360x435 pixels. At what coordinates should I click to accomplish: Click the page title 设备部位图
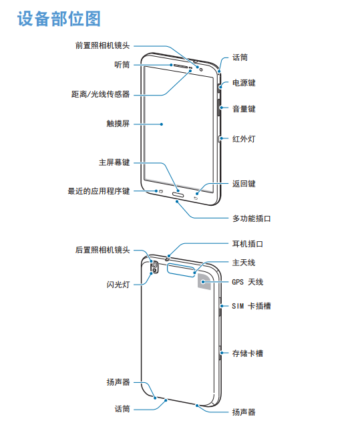59,19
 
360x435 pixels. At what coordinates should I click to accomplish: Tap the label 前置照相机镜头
103,45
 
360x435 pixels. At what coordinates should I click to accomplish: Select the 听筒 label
122,65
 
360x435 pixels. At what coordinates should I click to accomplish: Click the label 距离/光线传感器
100,94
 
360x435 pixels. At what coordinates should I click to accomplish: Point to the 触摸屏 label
118,124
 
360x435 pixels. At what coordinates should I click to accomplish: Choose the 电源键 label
244,83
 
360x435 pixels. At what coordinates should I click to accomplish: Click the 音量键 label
244,109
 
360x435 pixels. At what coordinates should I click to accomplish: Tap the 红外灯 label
244,139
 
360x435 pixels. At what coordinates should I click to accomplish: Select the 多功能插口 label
252,219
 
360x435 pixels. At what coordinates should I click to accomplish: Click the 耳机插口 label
248,244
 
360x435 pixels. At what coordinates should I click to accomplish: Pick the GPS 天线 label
248,282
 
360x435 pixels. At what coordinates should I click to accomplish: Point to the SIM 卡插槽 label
252,306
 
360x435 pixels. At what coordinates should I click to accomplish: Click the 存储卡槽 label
248,353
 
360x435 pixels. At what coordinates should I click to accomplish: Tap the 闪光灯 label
118,285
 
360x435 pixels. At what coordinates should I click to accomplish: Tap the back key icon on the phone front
196,198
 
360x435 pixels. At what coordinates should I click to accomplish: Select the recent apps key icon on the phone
160,191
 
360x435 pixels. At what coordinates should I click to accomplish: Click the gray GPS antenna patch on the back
204,281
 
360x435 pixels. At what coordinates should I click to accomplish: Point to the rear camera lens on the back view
154,265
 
